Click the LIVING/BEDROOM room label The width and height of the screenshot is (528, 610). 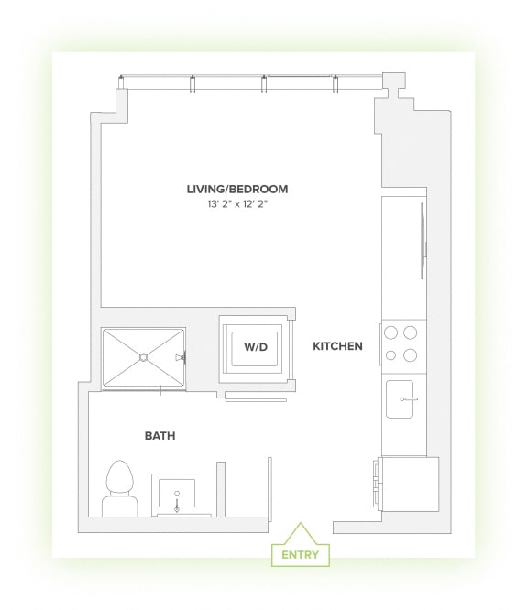(x=236, y=190)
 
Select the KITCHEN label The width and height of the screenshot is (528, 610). (x=337, y=346)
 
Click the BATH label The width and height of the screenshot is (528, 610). (x=159, y=436)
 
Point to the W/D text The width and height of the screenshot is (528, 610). (x=254, y=348)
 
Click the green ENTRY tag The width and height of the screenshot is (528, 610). (x=300, y=555)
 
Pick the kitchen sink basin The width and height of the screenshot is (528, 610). (x=404, y=399)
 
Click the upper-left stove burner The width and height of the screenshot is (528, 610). (x=390, y=333)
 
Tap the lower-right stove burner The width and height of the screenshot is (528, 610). (x=411, y=355)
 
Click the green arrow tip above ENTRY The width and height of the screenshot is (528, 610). (x=299, y=525)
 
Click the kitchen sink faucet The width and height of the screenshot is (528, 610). (x=412, y=399)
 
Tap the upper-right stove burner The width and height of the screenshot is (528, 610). (x=411, y=333)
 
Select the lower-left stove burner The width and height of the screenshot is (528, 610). (x=390, y=355)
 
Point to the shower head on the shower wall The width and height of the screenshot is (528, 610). (x=183, y=356)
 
